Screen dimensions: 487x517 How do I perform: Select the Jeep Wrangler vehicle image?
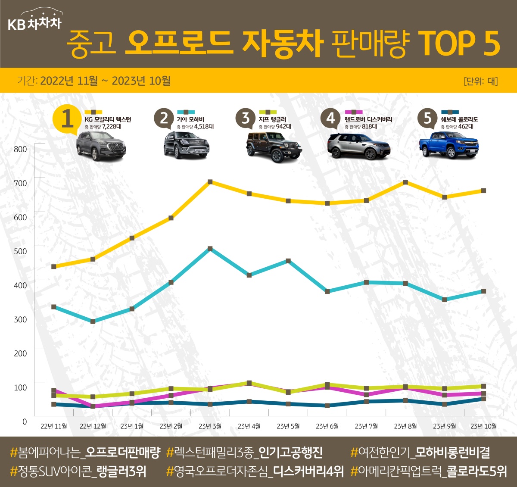click(x=274, y=147)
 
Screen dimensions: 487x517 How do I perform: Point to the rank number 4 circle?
click(x=330, y=118)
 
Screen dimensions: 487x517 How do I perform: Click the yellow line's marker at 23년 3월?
click(x=210, y=182)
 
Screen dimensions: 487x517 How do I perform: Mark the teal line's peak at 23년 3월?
click(x=210, y=249)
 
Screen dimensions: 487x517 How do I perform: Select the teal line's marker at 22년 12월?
click(x=93, y=322)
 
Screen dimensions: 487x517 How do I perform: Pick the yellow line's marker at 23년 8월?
click(x=405, y=182)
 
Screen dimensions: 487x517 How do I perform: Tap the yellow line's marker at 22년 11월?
click(x=54, y=266)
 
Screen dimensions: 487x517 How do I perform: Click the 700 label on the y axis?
click(x=20, y=183)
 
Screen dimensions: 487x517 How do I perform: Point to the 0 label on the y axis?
click(x=25, y=421)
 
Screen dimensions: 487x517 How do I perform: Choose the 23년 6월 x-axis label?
click(x=327, y=426)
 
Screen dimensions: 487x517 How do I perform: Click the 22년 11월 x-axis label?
click(x=54, y=426)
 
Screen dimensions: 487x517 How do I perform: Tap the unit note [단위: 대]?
click(x=480, y=81)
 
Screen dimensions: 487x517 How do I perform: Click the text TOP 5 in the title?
click(x=459, y=44)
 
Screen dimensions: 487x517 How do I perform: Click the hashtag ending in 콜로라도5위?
click(x=429, y=471)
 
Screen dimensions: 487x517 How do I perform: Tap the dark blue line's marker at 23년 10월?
click(x=483, y=399)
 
